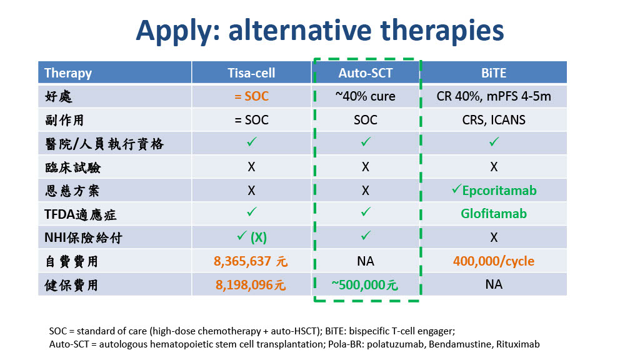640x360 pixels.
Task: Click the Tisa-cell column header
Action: (x=251, y=72)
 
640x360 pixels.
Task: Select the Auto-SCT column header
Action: (x=365, y=72)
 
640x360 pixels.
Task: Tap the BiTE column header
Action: (x=494, y=72)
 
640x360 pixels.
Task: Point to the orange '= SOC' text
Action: (x=251, y=96)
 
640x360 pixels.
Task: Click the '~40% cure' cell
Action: (x=365, y=96)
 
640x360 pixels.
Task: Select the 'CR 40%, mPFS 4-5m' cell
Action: (x=494, y=96)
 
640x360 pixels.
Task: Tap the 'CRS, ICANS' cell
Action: (x=494, y=119)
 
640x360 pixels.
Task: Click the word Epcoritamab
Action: (x=499, y=190)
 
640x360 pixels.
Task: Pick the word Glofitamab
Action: (x=494, y=214)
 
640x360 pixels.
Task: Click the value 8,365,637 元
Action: (x=251, y=261)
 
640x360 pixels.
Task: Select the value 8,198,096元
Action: (x=251, y=284)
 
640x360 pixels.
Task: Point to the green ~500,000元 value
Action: (x=364, y=284)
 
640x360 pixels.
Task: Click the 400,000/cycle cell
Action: (x=494, y=261)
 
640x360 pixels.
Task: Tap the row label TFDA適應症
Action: (x=81, y=214)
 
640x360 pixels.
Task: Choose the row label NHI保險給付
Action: (x=83, y=237)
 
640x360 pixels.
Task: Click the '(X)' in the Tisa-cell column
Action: (x=258, y=237)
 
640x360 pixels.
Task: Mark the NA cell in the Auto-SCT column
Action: (x=365, y=261)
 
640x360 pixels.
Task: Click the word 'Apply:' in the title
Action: (x=178, y=31)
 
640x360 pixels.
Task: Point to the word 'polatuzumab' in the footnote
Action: (x=395, y=344)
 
